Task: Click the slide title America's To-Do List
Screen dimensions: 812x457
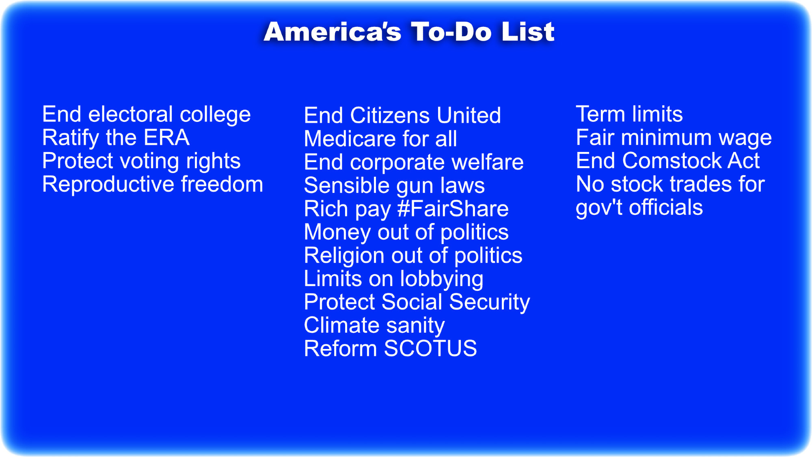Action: pyautogui.click(x=409, y=32)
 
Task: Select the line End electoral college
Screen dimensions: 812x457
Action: pyautogui.click(x=147, y=115)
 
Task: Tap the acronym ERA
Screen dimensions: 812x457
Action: pyautogui.click(x=166, y=137)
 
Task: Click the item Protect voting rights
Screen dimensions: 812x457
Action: pyautogui.click(x=141, y=161)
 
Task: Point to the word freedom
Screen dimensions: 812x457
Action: pyautogui.click(x=222, y=184)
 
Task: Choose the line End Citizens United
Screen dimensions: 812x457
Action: pyautogui.click(x=402, y=115)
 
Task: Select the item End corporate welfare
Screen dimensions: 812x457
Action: pyautogui.click(x=414, y=162)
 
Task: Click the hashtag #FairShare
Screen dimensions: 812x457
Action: pyautogui.click(x=453, y=209)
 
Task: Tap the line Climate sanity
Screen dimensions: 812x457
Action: pyautogui.click(x=374, y=326)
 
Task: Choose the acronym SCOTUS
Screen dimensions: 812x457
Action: pyautogui.click(x=430, y=349)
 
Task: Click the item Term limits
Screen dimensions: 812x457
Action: pyautogui.click(x=629, y=114)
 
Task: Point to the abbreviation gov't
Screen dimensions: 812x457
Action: pyautogui.click(x=599, y=208)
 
